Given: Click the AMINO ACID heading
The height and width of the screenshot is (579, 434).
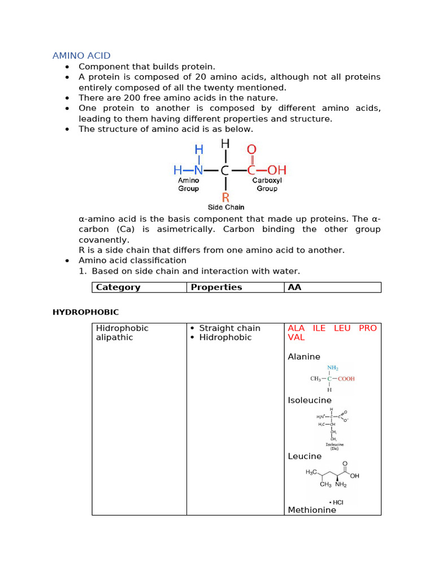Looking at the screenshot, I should click(x=81, y=55).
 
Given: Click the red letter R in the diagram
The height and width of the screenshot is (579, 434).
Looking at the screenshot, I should click(x=225, y=197).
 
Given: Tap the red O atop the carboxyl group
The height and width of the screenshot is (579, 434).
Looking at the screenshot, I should click(x=251, y=150).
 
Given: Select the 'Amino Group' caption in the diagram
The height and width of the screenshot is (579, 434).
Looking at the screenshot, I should click(x=189, y=184).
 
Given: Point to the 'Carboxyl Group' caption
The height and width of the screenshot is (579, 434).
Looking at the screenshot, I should click(x=267, y=184).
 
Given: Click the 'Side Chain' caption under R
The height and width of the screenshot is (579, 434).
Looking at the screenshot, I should click(x=226, y=207).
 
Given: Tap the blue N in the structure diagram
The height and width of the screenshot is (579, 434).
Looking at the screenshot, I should click(x=198, y=170).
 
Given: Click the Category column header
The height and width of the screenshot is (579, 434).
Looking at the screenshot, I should click(x=118, y=287).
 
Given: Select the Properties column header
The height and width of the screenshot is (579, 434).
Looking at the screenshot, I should click(x=216, y=287).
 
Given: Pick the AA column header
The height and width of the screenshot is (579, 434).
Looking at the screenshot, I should click(x=294, y=287).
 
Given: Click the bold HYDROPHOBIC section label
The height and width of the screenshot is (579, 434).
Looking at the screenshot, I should click(x=85, y=312).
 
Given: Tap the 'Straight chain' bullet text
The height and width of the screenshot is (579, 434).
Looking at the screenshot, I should click(x=229, y=328).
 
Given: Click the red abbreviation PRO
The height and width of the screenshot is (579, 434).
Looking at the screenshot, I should click(x=367, y=328).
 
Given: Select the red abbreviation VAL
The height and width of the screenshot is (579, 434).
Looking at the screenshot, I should click(x=296, y=337).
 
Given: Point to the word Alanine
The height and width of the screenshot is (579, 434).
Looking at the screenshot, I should click(x=304, y=357).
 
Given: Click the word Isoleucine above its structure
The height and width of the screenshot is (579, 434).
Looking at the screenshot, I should click(x=310, y=400).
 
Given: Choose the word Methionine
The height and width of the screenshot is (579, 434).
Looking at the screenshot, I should click(x=312, y=510).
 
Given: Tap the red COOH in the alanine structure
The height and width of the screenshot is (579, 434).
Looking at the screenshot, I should click(x=346, y=379).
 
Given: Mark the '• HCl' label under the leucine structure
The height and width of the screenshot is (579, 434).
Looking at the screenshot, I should click(x=336, y=502).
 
